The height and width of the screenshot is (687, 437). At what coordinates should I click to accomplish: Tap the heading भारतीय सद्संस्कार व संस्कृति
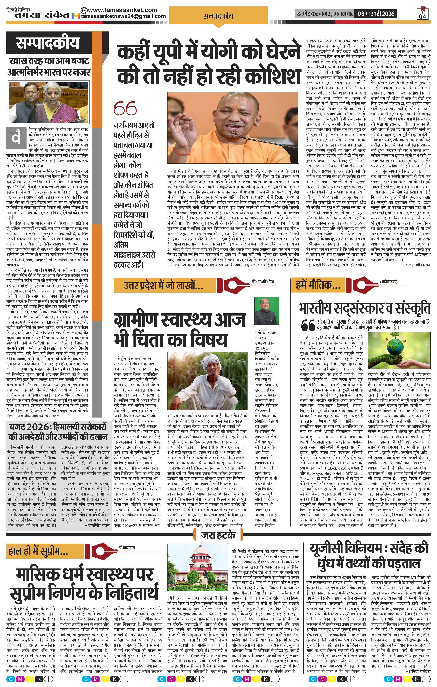click(x=365, y=308)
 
